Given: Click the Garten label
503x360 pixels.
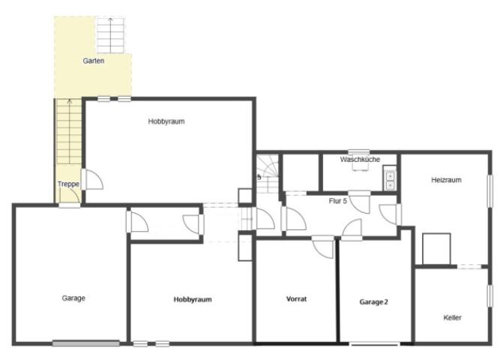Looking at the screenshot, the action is pyautogui.click(x=94, y=61).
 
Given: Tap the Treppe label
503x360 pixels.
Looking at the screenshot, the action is pyautogui.click(x=68, y=184).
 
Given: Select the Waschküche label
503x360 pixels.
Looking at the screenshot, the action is pyautogui.click(x=360, y=160).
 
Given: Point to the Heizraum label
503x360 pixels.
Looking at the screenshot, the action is pyautogui.click(x=446, y=180).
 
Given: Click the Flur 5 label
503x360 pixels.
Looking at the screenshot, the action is pyautogui.click(x=338, y=201).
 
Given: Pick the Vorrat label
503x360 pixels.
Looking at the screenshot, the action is pyautogui.click(x=296, y=299).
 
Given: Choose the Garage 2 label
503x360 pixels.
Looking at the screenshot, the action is pyautogui.click(x=374, y=302).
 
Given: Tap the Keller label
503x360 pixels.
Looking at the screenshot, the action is pyautogui.click(x=452, y=318).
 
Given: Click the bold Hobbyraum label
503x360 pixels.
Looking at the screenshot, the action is pyautogui.click(x=193, y=299).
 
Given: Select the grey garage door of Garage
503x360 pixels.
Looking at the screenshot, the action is pyautogui.click(x=86, y=343).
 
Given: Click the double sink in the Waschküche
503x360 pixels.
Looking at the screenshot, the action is pyautogui.click(x=390, y=181).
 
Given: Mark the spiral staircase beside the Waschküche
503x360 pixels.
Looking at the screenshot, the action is pyautogui.click(x=268, y=174).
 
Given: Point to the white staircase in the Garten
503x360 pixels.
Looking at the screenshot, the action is pyautogui.click(x=110, y=35).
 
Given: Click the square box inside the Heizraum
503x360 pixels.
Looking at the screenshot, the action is pyautogui.click(x=436, y=249).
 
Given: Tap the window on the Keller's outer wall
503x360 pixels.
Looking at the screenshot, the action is pyautogui.click(x=490, y=295).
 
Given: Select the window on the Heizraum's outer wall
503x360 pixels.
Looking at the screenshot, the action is pyautogui.click(x=490, y=191).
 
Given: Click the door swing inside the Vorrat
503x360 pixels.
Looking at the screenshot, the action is pyautogui.click(x=323, y=247).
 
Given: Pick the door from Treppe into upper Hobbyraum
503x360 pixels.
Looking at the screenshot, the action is pyautogui.click(x=92, y=179).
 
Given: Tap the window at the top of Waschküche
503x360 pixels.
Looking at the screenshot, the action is pyautogui.click(x=358, y=152).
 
